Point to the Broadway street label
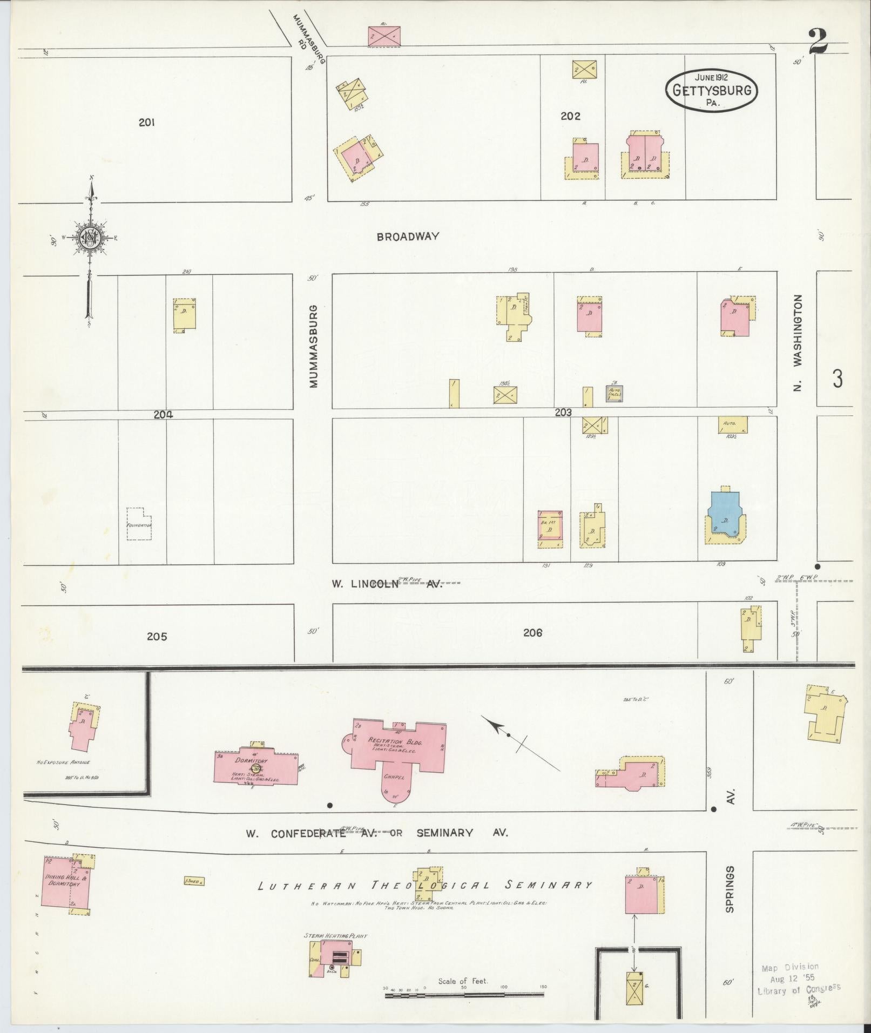coord(408,237)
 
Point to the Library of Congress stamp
coord(798,978)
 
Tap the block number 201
coord(146,123)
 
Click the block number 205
coord(157,637)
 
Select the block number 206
coord(532,632)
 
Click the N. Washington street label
coord(799,342)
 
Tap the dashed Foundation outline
coord(139,523)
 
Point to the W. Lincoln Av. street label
coord(386,584)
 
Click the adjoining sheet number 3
coord(836,379)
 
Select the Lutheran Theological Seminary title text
coord(424,886)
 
